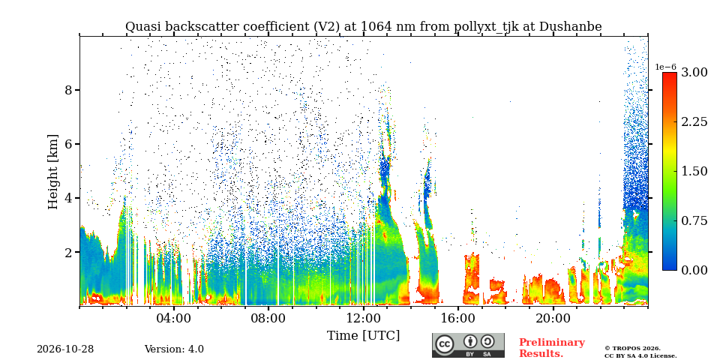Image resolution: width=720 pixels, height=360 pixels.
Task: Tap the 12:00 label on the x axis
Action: (x=363, y=318)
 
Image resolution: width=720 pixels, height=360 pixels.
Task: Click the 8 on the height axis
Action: (x=68, y=90)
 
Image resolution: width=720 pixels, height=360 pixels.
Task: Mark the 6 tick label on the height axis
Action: (x=68, y=144)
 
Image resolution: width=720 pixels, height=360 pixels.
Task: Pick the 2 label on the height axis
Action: (x=68, y=253)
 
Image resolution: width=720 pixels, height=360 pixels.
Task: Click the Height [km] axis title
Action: (x=53, y=172)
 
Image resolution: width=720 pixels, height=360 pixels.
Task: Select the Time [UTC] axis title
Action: (x=363, y=336)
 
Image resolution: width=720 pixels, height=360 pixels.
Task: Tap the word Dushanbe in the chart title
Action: (x=570, y=27)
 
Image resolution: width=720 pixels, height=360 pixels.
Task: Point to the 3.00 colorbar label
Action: (x=694, y=73)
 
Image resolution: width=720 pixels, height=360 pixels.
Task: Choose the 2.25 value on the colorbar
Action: (x=694, y=121)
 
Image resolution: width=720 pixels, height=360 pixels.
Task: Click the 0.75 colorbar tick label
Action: (x=694, y=220)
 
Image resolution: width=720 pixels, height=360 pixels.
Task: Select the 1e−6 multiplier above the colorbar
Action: (x=665, y=67)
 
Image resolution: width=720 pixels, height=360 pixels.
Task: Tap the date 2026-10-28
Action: (x=65, y=349)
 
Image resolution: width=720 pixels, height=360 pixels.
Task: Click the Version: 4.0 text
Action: (x=174, y=349)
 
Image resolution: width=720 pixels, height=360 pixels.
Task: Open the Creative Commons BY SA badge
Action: (x=468, y=345)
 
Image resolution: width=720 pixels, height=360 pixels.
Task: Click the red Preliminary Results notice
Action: (x=552, y=348)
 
